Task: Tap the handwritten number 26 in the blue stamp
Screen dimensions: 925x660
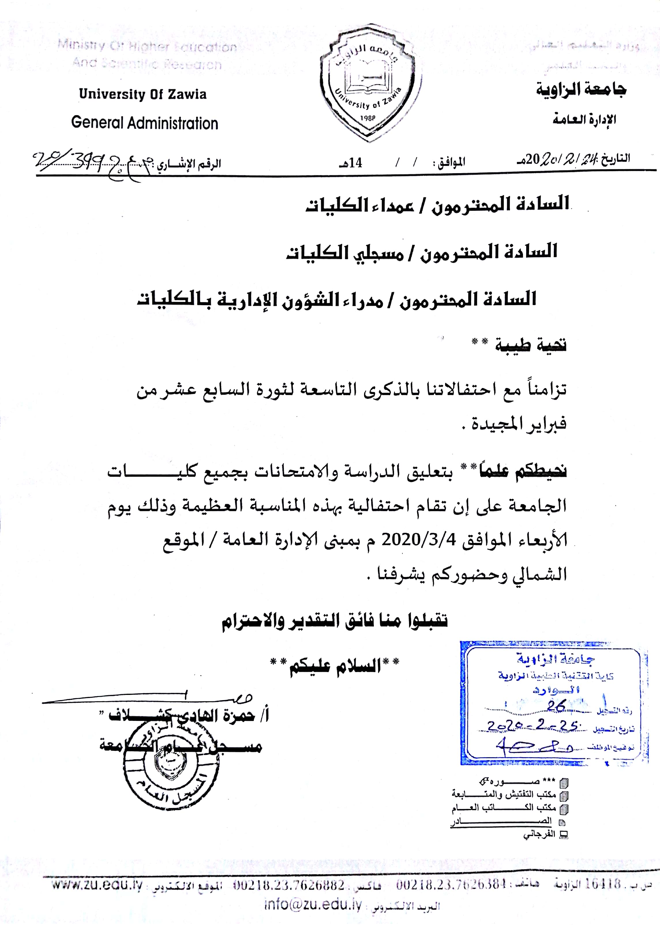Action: (556, 706)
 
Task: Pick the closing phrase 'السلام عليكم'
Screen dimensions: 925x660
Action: (335, 666)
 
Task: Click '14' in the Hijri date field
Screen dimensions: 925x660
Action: (355, 163)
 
